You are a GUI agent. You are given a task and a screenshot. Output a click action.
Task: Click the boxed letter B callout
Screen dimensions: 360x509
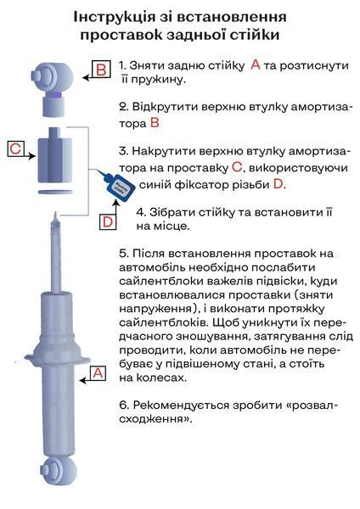101,70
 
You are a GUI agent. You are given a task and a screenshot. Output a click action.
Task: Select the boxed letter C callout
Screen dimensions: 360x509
15,149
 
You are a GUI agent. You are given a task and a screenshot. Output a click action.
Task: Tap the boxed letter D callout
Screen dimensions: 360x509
108,221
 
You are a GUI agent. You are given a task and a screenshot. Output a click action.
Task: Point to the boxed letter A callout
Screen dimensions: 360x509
98,373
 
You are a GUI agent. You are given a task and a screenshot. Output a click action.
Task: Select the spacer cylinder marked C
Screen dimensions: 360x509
55,155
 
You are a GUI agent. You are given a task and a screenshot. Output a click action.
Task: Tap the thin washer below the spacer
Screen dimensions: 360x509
55,193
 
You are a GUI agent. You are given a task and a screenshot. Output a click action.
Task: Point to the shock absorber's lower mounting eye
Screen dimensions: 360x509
58,470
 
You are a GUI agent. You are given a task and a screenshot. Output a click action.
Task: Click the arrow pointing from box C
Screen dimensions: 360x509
30,156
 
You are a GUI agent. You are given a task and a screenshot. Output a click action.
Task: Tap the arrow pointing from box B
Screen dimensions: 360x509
87,77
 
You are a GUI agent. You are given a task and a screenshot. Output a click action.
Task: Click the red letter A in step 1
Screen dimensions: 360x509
256,65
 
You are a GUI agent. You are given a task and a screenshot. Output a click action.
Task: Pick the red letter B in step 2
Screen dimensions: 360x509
155,123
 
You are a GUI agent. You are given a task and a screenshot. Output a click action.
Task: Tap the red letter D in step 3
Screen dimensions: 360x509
278,184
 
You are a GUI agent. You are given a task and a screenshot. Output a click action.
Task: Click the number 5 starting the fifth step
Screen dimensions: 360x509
122,254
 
